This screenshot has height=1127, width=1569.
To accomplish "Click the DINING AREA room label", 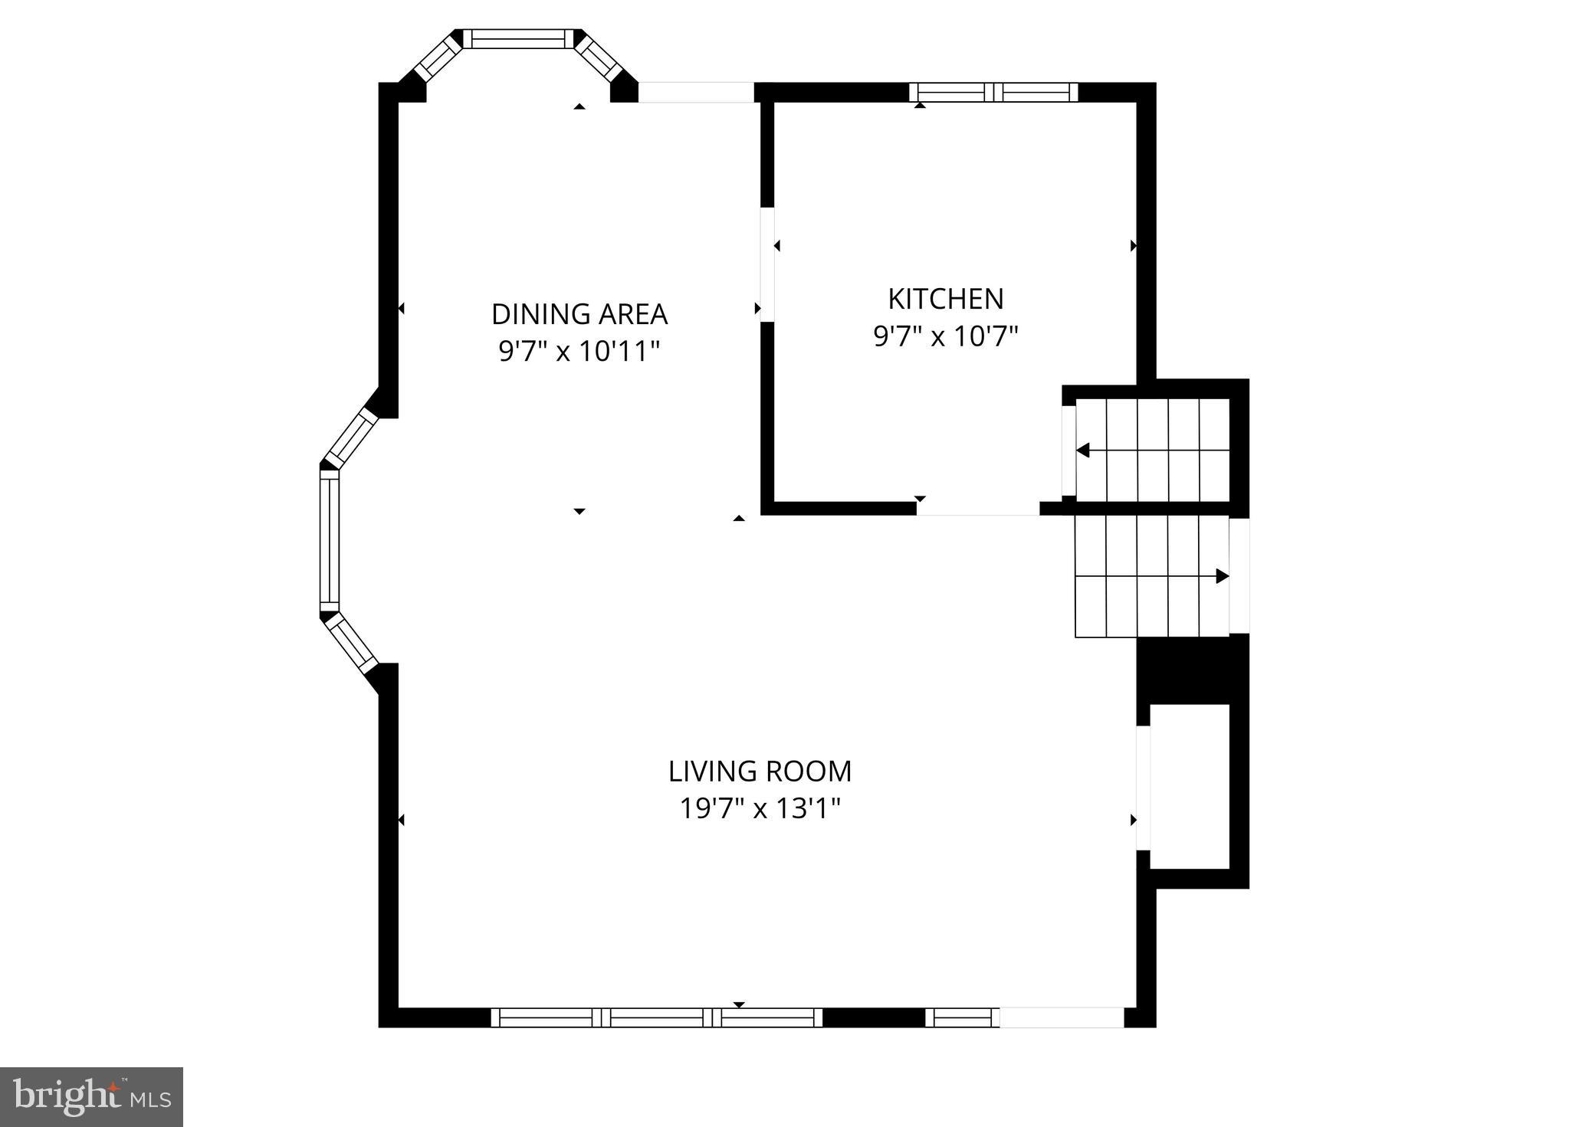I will pyautogui.click(x=579, y=314).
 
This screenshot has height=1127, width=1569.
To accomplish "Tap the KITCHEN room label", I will pyautogui.click(x=945, y=298).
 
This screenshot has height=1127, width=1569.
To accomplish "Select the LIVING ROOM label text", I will pyautogui.click(x=760, y=772).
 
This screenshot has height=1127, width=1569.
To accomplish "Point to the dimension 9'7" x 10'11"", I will pyautogui.click(x=579, y=352).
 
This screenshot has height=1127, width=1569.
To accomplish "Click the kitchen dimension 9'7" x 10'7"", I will pyautogui.click(x=945, y=336).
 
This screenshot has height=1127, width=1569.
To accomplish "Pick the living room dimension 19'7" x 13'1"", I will pyautogui.click(x=760, y=808).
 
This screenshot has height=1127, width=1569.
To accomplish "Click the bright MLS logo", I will pyautogui.click(x=91, y=1096).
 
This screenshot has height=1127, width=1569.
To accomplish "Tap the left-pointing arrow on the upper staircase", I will pyautogui.click(x=1083, y=450).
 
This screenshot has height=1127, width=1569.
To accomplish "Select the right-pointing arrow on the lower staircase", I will pyautogui.click(x=1222, y=576).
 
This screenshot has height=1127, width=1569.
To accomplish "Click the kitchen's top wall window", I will pyautogui.click(x=993, y=93).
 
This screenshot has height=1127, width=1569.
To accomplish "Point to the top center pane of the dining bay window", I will pyautogui.click(x=518, y=38).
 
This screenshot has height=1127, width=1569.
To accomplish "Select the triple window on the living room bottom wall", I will pyautogui.click(x=656, y=1017).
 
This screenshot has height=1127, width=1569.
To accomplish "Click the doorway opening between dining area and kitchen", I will pyautogui.click(x=766, y=264).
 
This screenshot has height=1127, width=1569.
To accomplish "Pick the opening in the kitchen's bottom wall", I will pyautogui.click(x=977, y=509).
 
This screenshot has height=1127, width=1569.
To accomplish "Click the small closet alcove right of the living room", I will pyautogui.click(x=1190, y=785).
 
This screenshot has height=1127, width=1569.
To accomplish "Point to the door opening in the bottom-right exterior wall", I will pyautogui.click(x=1061, y=1017).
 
